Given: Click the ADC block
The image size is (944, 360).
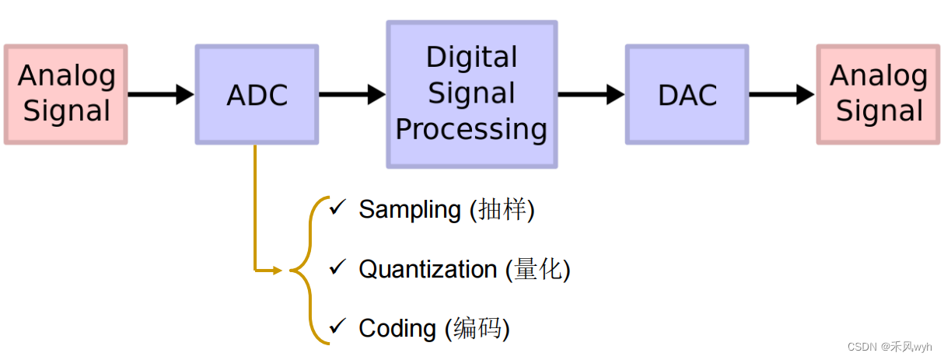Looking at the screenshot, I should click(x=257, y=95).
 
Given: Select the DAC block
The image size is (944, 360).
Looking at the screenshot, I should click(x=687, y=95).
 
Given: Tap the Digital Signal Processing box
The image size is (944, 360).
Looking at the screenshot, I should click(x=471, y=94).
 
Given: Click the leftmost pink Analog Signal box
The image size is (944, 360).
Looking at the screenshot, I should click(x=66, y=95).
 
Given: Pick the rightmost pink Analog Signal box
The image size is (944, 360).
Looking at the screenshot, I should click(x=879, y=95).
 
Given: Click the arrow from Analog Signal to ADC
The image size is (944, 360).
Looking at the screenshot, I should click(x=160, y=95).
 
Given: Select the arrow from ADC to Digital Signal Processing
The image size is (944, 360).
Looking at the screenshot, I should click(x=351, y=95).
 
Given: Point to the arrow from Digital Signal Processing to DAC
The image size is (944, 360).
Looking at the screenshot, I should click(x=590, y=95).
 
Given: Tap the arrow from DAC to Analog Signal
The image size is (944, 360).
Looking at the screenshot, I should click(x=781, y=95).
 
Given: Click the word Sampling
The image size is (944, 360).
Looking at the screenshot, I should click(x=410, y=210).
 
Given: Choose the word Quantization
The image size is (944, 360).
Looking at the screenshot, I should click(x=428, y=270).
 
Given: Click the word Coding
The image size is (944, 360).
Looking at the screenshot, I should click(x=397, y=328).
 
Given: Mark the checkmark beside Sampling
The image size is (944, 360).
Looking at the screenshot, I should click(x=337, y=208).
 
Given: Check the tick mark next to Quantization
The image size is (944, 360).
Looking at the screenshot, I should click(x=337, y=267).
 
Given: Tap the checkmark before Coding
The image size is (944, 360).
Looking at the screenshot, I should click(x=337, y=327).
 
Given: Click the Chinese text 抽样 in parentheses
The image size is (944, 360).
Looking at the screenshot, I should click(x=502, y=210).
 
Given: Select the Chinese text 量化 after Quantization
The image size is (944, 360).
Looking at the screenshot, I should click(x=537, y=270).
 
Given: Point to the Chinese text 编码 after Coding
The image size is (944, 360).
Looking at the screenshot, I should click(x=477, y=328).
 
